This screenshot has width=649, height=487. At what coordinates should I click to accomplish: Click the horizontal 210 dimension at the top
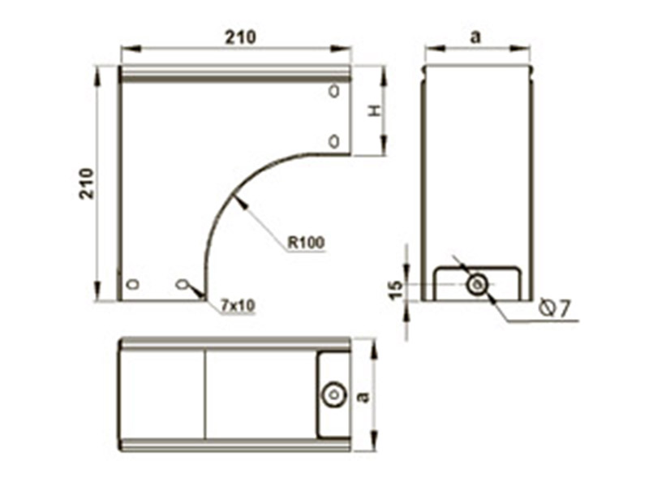(240, 37)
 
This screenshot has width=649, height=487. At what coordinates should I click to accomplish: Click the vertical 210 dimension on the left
(87, 183)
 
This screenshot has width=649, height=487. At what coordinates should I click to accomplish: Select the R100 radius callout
(307, 242)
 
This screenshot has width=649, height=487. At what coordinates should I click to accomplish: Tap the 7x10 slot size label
(238, 306)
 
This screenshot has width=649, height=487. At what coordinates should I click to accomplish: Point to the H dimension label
(375, 110)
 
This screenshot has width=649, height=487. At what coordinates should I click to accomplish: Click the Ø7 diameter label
(556, 308)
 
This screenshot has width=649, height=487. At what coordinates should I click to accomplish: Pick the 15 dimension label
(396, 290)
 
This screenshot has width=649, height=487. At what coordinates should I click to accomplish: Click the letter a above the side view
(476, 37)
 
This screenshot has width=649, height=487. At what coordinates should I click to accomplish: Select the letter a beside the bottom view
(363, 397)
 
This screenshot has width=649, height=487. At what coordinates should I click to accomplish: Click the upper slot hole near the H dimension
(333, 91)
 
